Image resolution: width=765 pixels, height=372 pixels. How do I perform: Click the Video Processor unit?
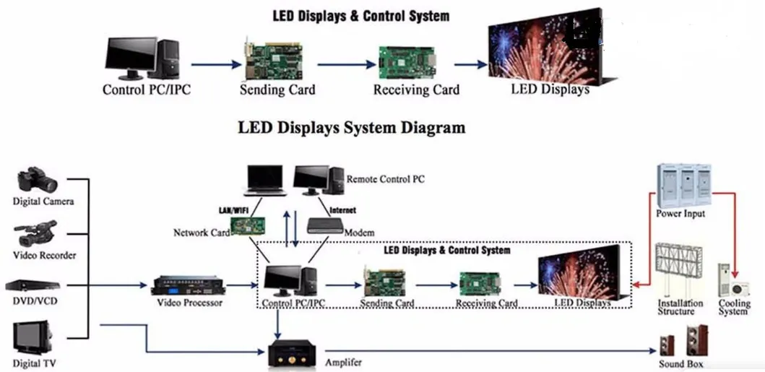(189, 285)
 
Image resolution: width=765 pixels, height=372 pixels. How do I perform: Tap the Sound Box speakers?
(681, 342)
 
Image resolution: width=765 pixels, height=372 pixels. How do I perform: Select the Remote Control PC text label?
(385, 178)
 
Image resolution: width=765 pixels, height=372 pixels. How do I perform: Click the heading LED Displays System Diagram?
(351, 128)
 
